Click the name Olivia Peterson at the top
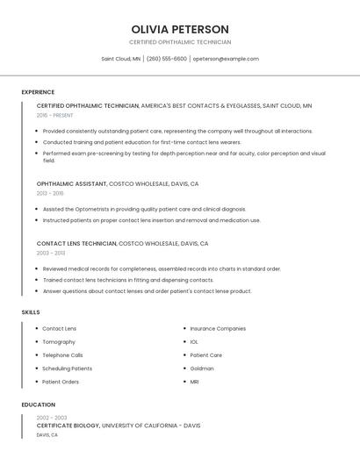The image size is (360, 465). click(180, 29)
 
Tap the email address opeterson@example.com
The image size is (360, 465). click(226, 59)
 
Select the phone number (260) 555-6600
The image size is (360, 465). click(167, 59)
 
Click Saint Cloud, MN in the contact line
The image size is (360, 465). click(121, 59)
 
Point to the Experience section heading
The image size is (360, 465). click(38, 92)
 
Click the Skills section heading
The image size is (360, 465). click(31, 312)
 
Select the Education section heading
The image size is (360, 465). click(37, 404)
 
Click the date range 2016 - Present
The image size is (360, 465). click(55, 115)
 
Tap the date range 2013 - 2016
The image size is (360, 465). click(50, 193)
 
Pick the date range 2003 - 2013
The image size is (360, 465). click(51, 253)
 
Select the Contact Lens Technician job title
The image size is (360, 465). click(76, 243)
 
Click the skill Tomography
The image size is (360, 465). click(59, 342)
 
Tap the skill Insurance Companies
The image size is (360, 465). click(218, 328)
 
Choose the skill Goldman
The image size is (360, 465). click(202, 368)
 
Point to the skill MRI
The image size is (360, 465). click(195, 382)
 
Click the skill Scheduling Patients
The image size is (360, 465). click(67, 368)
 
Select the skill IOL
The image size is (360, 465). click(194, 342)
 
